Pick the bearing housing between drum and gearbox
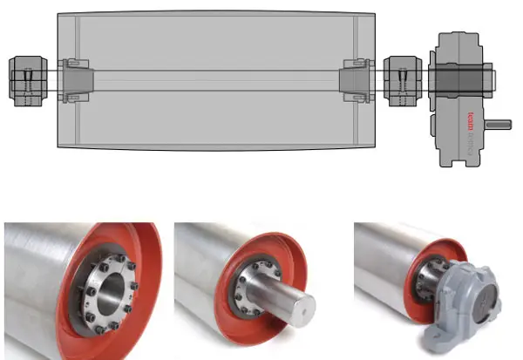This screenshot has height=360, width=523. [x=402, y=78]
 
